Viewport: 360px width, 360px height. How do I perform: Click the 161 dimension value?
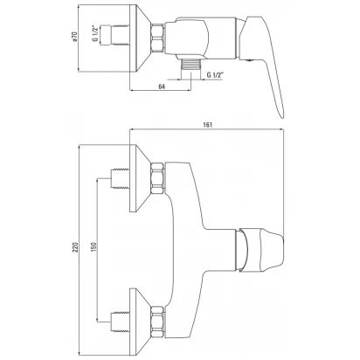click(x=208, y=125)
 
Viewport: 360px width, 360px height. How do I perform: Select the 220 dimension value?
click(x=75, y=247)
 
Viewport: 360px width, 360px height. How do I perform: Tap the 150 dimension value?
click(x=93, y=247)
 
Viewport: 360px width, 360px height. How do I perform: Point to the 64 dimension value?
click(x=162, y=87)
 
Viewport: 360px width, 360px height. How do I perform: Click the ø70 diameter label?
click(x=74, y=38)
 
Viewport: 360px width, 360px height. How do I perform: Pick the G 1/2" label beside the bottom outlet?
click(x=215, y=75)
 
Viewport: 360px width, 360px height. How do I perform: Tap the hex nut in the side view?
click(x=157, y=38)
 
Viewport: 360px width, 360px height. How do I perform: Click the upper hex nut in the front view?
click(x=157, y=178)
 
